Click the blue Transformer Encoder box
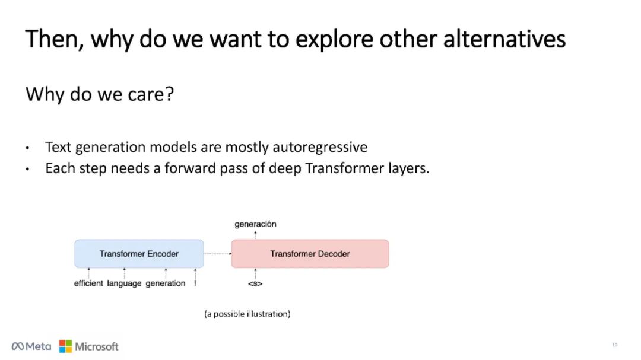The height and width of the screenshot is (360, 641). [x=139, y=254]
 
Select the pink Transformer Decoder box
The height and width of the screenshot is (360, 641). [x=310, y=254]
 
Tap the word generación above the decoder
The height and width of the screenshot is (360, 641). [x=255, y=224]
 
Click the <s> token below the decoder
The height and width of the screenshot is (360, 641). [x=255, y=283]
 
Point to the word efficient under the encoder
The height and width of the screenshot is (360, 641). [x=88, y=283]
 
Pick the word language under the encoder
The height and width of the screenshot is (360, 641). [x=124, y=283]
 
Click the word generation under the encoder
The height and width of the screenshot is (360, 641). [x=166, y=283]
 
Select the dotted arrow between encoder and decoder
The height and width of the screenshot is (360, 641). [x=217, y=254]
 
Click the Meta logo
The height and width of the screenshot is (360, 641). [x=31, y=346]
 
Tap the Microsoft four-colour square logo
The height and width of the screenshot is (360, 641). [x=65, y=346]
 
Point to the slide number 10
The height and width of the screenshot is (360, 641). [x=614, y=345]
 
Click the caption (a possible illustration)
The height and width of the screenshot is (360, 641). [x=247, y=314]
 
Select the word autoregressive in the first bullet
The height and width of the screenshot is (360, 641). [x=320, y=147]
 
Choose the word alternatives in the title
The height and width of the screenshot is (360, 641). [x=504, y=39]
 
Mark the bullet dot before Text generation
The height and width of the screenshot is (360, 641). [x=27, y=148]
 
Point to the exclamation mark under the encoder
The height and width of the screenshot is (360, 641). [x=195, y=283]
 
